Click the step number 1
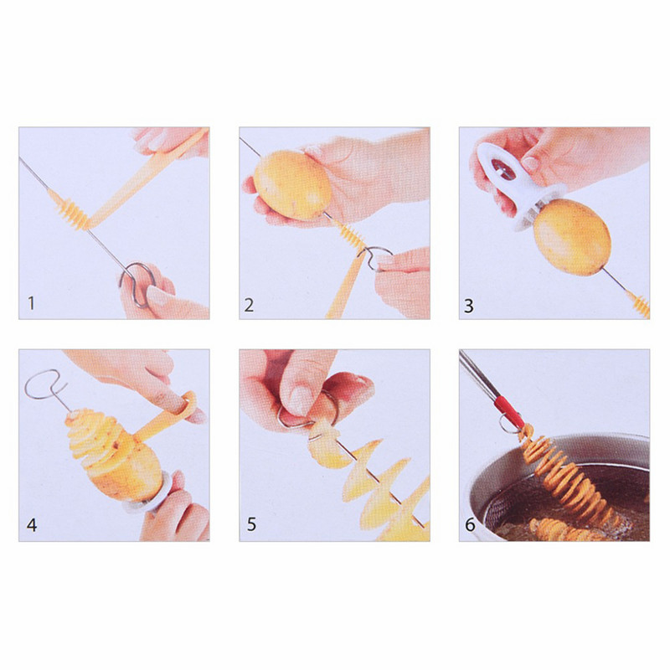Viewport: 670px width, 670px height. (31, 304)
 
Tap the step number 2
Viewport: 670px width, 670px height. (249, 305)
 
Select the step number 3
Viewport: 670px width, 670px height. (469, 305)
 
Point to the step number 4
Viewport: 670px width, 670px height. (32, 526)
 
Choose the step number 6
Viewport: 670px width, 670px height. (470, 527)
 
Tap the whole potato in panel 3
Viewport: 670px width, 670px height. (571, 237)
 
